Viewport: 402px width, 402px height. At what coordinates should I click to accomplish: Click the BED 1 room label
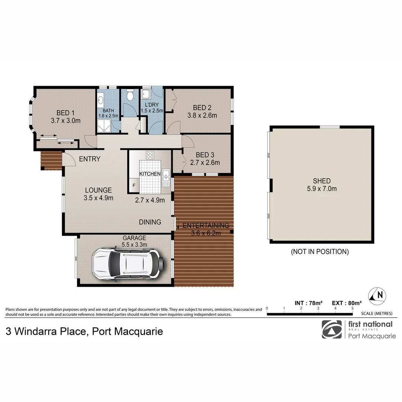click(x=66, y=113)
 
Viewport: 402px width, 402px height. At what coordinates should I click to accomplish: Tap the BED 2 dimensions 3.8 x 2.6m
click(x=202, y=115)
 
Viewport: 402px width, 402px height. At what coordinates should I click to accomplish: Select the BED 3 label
click(x=204, y=155)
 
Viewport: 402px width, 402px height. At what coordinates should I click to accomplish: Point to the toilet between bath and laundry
click(x=130, y=97)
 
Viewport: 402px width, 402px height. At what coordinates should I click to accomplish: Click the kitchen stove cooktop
click(x=150, y=155)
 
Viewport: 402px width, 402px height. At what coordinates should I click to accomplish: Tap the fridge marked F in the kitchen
click(x=134, y=184)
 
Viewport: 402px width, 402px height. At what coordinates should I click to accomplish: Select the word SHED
click(x=322, y=181)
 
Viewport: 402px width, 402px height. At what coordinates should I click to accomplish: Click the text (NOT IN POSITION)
click(x=320, y=252)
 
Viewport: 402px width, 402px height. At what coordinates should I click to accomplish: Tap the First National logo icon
click(x=332, y=329)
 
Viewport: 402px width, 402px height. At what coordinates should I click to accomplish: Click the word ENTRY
click(x=90, y=159)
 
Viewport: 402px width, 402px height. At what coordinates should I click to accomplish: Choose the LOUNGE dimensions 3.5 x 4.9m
click(x=98, y=198)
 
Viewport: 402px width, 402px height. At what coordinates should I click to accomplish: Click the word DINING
click(x=150, y=222)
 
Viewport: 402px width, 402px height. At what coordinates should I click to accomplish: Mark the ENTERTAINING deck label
click(x=205, y=225)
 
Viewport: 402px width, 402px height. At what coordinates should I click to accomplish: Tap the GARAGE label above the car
click(x=134, y=238)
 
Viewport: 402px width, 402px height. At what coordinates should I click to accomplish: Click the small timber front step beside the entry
click(x=51, y=160)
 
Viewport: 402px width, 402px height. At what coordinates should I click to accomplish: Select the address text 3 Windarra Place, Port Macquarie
click(x=84, y=331)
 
